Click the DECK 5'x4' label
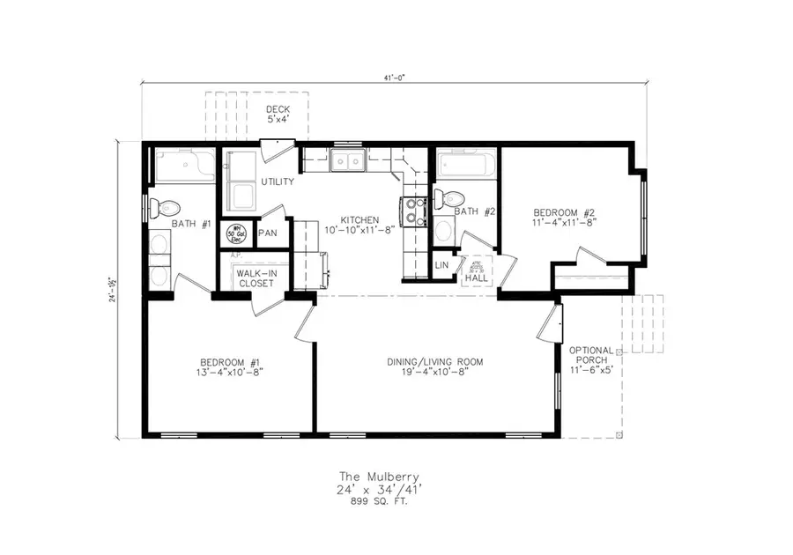(x=278, y=114)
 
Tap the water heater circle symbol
(x=235, y=233)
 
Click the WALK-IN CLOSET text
(x=254, y=278)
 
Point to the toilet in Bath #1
(x=159, y=208)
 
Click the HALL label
(x=476, y=278)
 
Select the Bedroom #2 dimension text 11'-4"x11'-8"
(x=565, y=224)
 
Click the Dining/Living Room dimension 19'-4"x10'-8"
(x=435, y=374)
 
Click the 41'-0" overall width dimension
(x=394, y=78)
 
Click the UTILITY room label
(x=277, y=181)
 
